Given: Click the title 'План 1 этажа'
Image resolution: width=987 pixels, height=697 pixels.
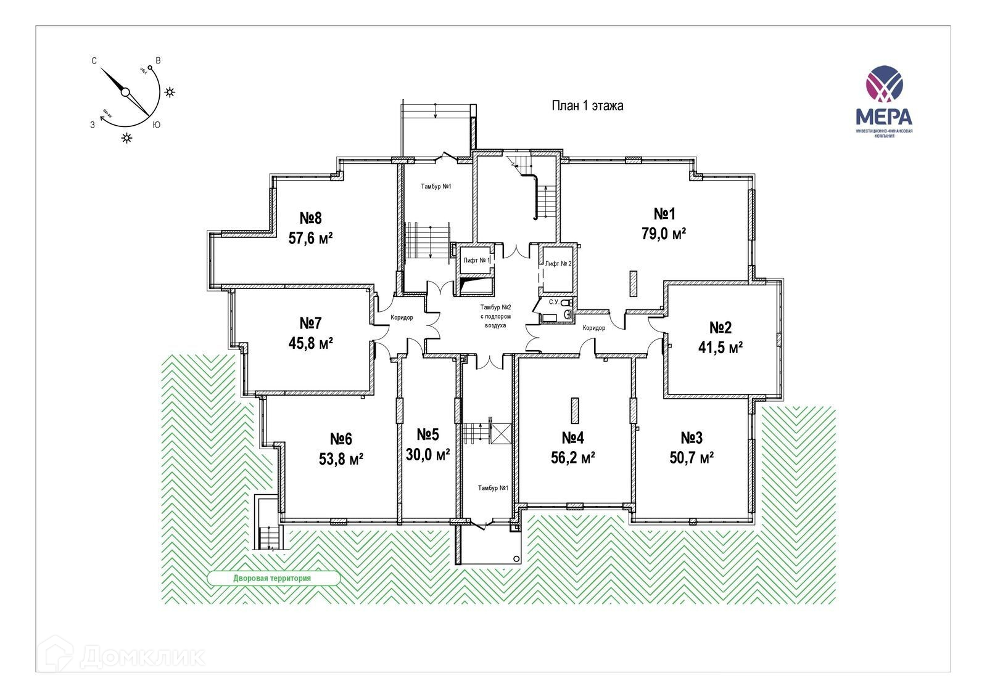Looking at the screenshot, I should click(587, 106).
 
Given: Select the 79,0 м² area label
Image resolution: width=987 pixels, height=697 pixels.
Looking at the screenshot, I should click(664, 235).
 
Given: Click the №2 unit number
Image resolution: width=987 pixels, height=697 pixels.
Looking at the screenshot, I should click(720, 327).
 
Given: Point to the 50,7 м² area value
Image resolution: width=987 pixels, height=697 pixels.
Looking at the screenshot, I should click(692, 458).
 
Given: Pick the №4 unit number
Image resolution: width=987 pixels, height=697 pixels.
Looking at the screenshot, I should click(572, 438).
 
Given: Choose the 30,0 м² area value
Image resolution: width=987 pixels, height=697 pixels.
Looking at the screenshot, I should click(427, 455).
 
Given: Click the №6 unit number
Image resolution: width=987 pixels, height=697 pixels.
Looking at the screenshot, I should click(341, 439).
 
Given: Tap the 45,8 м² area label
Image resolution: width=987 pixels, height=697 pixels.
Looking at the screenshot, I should click(311, 343).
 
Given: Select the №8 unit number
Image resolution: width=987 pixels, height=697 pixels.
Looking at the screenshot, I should click(311, 218).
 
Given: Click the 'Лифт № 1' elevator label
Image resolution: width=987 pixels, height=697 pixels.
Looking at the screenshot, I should click(477, 261).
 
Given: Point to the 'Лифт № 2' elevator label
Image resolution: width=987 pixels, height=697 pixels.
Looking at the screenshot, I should click(558, 264).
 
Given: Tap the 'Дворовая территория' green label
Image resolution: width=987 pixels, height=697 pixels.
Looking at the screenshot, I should click(272, 579).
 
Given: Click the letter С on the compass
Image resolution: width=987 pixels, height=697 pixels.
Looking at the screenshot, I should click(94, 60).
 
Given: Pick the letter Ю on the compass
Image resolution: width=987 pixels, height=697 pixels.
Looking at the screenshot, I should click(157, 124).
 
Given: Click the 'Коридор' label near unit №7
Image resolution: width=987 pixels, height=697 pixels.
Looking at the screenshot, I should click(402, 318).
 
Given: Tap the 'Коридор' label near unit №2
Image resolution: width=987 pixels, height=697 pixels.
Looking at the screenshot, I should click(594, 328).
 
